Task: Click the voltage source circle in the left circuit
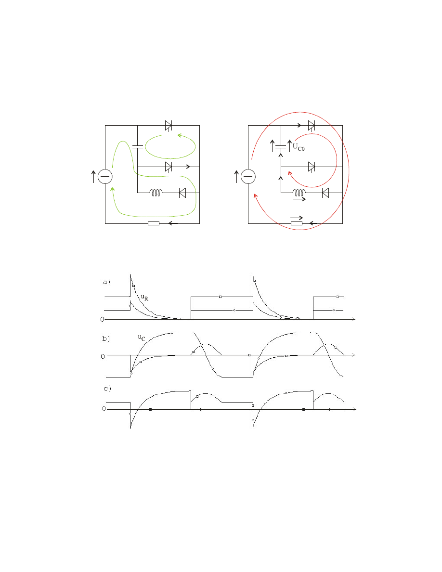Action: click(105, 177)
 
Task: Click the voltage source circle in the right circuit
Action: click(248, 177)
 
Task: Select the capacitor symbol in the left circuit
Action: click(138, 147)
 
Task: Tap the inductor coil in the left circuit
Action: click(156, 193)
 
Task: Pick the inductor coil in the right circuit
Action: click(299, 193)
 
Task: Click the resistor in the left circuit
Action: click(154, 223)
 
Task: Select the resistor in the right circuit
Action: click(297, 223)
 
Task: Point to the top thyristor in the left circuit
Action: click(169, 126)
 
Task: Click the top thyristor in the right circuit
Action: click(312, 126)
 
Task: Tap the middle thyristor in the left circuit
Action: click(169, 167)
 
